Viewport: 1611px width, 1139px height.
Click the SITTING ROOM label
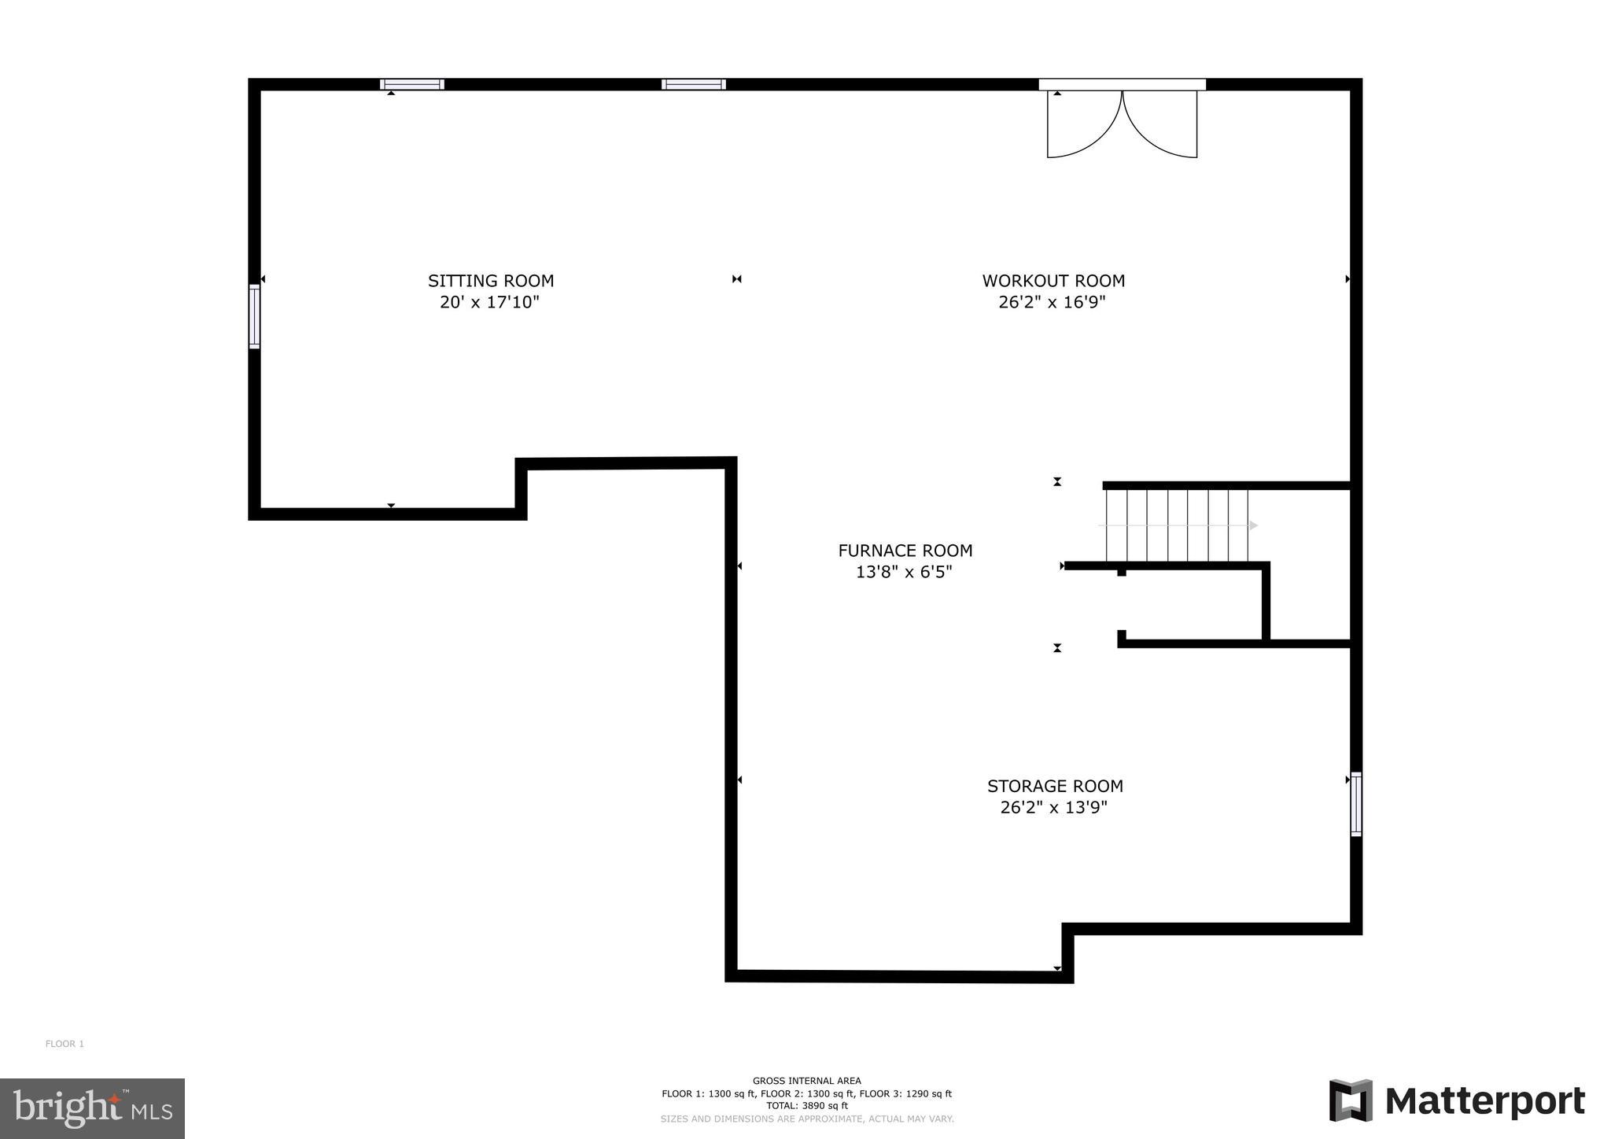click(x=491, y=281)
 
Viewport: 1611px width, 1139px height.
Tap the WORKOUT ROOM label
click(x=1053, y=281)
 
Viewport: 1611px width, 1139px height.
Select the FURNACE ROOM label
click(x=905, y=551)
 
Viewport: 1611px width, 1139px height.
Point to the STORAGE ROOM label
click(x=1055, y=786)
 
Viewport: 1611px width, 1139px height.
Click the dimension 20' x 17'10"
click(x=489, y=302)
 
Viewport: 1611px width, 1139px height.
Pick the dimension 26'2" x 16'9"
click(x=1052, y=302)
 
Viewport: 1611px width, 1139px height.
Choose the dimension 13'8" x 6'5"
click(x=904, y=572)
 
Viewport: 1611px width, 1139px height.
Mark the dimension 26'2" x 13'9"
click(x=1053, y=807)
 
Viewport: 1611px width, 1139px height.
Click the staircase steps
click(x=1177, y=525)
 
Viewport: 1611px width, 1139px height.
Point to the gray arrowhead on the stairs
click(x=1253, y=525)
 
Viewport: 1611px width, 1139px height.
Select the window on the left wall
click(x=254, y=316)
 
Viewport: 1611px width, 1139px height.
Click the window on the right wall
click(x=1356, y=804)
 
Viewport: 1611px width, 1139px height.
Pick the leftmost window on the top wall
click(x=412, y=84)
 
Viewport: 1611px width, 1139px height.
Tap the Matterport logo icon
click(x=1351, y=1100)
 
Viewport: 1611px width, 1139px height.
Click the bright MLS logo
click(x=92, y=1108)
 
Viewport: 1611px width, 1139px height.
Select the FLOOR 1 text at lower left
click(x=65, y=1044)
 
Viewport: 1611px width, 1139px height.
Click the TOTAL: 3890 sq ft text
click(x=806, y=1105)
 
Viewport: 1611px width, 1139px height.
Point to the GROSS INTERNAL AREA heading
click(x=806, y=1081)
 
